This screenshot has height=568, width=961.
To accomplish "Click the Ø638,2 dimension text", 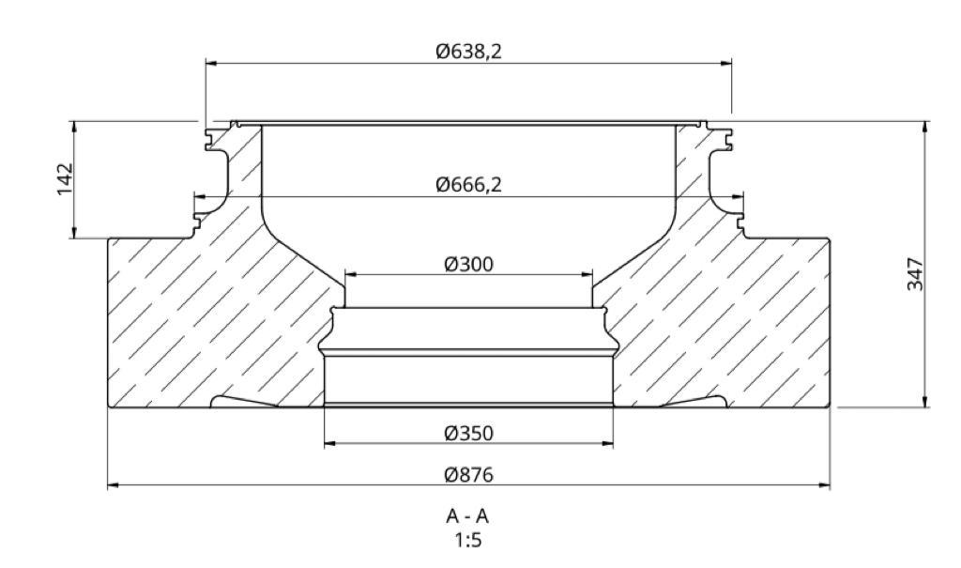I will [468, 52].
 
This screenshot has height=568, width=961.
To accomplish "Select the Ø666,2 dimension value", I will [468, 185].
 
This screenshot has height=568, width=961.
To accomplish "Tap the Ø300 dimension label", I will [468, 264].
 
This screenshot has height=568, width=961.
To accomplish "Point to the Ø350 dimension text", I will [468, 433].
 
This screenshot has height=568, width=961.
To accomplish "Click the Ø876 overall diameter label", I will [468, 474].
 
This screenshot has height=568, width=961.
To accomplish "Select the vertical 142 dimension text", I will [65, 179].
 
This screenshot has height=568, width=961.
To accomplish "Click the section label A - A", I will [467, 516].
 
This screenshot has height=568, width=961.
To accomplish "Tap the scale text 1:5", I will [467, 540].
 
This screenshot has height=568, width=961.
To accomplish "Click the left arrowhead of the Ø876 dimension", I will [114, 485].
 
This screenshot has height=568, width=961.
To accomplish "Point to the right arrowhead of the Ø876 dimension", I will [825, 485].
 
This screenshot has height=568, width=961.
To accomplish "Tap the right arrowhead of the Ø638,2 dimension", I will [726, 63].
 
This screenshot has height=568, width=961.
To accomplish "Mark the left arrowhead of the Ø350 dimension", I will [329, 444].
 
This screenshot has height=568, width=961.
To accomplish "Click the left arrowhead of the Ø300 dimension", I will [351, 275].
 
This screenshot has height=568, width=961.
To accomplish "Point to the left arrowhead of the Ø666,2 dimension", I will [199, 196].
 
